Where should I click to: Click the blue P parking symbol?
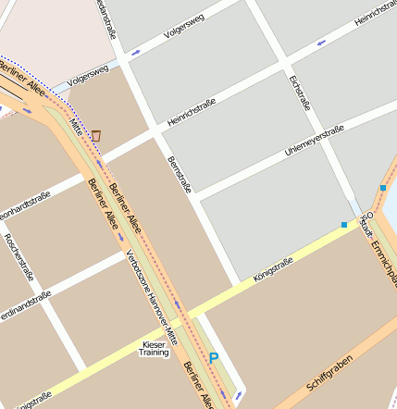(x=215, y=357)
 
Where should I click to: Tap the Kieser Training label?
(x=153, y=348)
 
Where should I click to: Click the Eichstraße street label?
(x=298, y=93)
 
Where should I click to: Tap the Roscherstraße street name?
(x=16, y=251)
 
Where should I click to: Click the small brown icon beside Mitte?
(x=96, y=136)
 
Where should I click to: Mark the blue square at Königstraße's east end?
(x=344, y=224)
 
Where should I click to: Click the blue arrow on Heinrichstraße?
(x=321, y=43)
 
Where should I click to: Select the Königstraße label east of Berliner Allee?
(x=273, y=268)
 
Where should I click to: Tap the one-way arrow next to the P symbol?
(x=239, y=395)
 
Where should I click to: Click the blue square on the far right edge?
(x=382, y=188)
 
